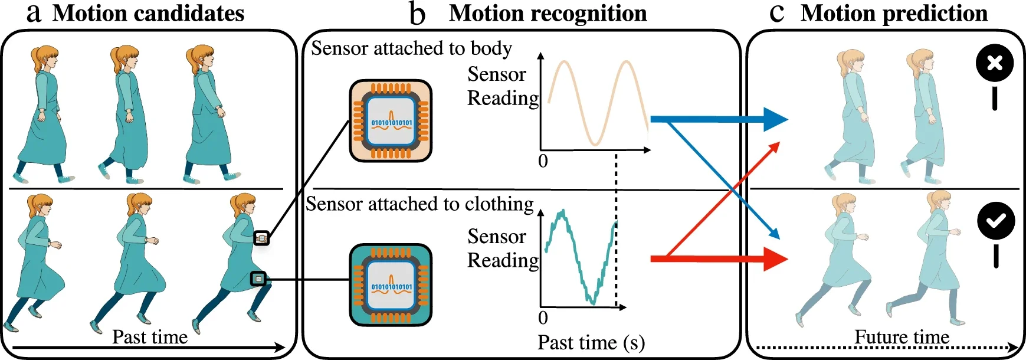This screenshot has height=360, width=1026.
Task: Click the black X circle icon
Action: click(995, 63)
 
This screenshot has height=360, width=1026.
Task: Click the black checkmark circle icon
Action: click(996, 220)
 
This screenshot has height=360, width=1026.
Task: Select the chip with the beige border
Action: click(391, 121)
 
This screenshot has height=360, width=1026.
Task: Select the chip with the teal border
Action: click(391, 285)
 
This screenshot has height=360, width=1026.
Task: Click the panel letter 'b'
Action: click(417, 14)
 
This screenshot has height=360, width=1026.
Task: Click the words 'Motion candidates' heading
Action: click(148, 13)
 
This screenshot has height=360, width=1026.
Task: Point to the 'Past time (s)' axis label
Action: click(591, 342)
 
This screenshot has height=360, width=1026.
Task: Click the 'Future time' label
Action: click(902, 337)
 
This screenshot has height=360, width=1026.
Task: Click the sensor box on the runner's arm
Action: click(261, 238)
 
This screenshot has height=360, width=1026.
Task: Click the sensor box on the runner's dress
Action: click(258, 279)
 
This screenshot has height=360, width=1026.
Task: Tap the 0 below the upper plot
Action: click(543, 161)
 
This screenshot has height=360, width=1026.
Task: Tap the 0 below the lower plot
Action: click(543, 318)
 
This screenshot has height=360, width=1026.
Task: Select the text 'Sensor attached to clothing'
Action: click(419, 204)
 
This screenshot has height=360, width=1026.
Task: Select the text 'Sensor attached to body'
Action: click(411, 48)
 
